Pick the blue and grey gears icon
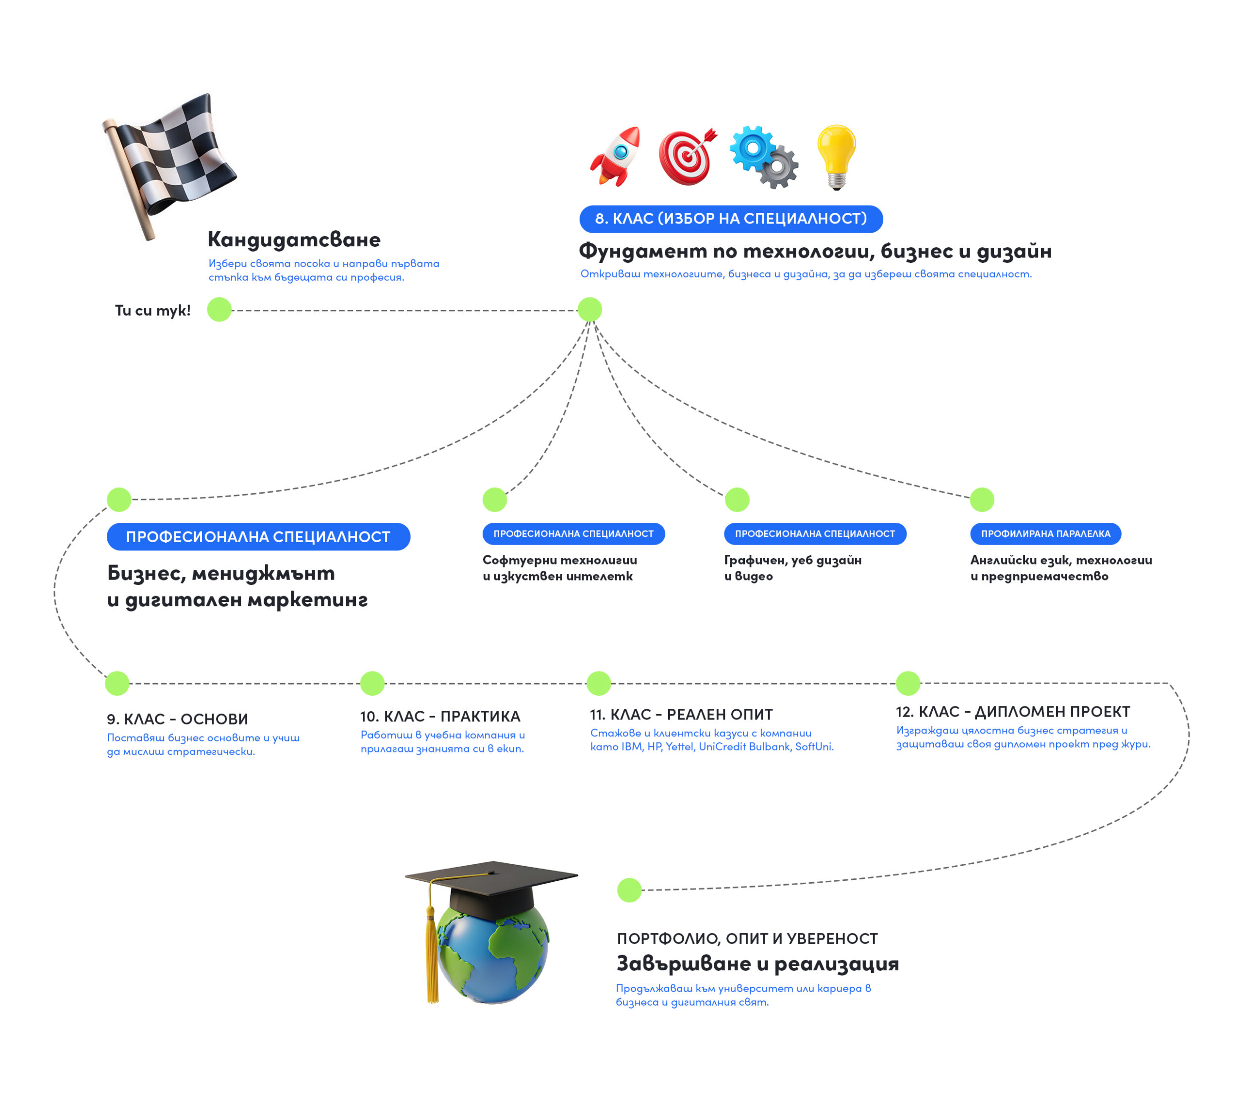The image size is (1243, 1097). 764,156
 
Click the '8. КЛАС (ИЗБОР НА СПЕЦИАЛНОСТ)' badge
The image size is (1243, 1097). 730,219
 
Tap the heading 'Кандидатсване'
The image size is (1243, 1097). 294,240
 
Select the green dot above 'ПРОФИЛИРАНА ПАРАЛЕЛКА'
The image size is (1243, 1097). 981,499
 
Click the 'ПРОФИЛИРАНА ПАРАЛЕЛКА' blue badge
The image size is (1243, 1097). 1045,533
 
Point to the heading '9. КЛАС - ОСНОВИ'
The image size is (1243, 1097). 178,719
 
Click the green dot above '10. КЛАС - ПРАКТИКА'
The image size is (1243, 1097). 372,683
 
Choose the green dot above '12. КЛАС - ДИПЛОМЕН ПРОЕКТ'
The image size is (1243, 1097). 907,683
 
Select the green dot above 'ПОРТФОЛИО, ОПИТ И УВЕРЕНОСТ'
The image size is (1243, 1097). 629,890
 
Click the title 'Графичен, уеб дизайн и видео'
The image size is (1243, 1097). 792,567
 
